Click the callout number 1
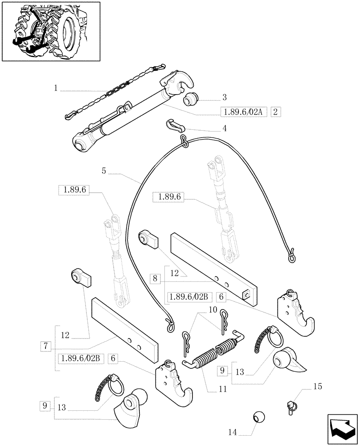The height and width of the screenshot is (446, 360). click(x=56, y=89)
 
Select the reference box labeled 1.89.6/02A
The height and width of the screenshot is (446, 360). click(x=243, y=112)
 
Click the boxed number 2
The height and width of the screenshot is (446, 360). click(x=276, y=112)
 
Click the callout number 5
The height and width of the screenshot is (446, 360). click(x=103, y=170)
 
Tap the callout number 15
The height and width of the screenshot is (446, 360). click(x=317, y=386)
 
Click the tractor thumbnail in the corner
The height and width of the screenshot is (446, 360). click(x=51, y=31)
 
